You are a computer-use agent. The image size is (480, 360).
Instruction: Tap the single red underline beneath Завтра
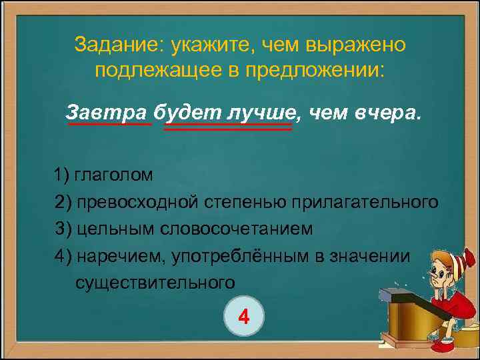tap(109, 124)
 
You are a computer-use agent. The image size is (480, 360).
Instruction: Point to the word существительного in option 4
tap(155, 283)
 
